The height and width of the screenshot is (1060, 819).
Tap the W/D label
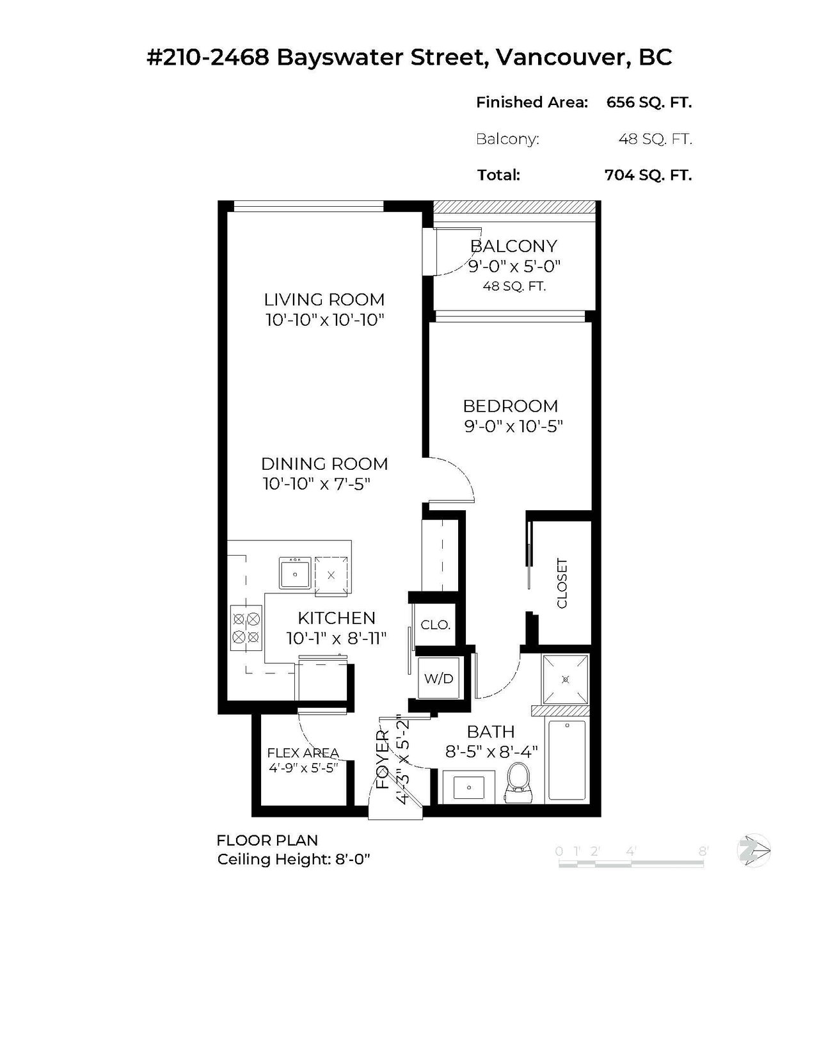(439, 678)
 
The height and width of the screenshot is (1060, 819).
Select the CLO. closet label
(435, 625)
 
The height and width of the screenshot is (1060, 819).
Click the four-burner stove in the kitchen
(246, 629)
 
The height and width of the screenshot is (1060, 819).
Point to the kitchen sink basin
(295, 574)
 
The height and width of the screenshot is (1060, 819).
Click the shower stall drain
(566, 679)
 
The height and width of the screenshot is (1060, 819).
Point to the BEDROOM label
(511, 406)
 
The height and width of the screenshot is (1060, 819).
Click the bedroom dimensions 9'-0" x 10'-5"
(513, 427)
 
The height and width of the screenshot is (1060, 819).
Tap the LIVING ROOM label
(324, 299)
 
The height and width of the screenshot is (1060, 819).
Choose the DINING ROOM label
(324, 463)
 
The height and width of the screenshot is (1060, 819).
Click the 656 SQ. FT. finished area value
(649, 102)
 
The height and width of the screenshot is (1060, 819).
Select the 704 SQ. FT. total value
(648, 175)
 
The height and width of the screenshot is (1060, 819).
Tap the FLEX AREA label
(303, 753)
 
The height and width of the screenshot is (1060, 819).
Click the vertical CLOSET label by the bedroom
(562, 583)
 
